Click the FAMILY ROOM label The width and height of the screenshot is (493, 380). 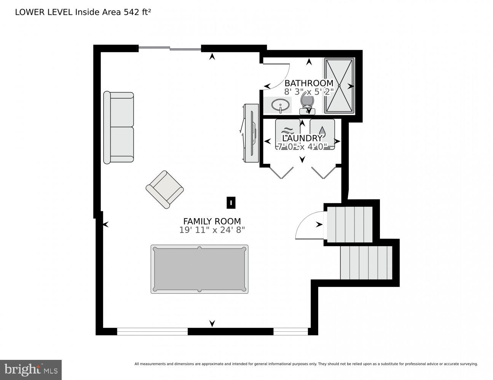(x=212, y=221)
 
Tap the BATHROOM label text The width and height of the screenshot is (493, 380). (x=309, y=83)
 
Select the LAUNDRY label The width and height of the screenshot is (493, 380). (x=302, y=138)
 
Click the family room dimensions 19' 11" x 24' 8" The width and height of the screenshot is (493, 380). (x=212, y=230)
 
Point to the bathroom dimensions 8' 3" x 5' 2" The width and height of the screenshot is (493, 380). (x=309, y=92)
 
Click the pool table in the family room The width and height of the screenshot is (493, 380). (x=199, y=269)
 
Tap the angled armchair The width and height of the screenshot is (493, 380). (x=164, y=189)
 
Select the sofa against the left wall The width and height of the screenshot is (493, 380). (x=118, y=127)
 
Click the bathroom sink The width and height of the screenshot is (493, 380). (x=281, y=105)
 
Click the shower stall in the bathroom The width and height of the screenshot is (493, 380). (x=339, y=85)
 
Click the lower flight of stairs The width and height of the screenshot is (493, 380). (x=366, y=263)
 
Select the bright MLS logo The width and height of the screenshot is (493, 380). (x=30, y=369)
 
